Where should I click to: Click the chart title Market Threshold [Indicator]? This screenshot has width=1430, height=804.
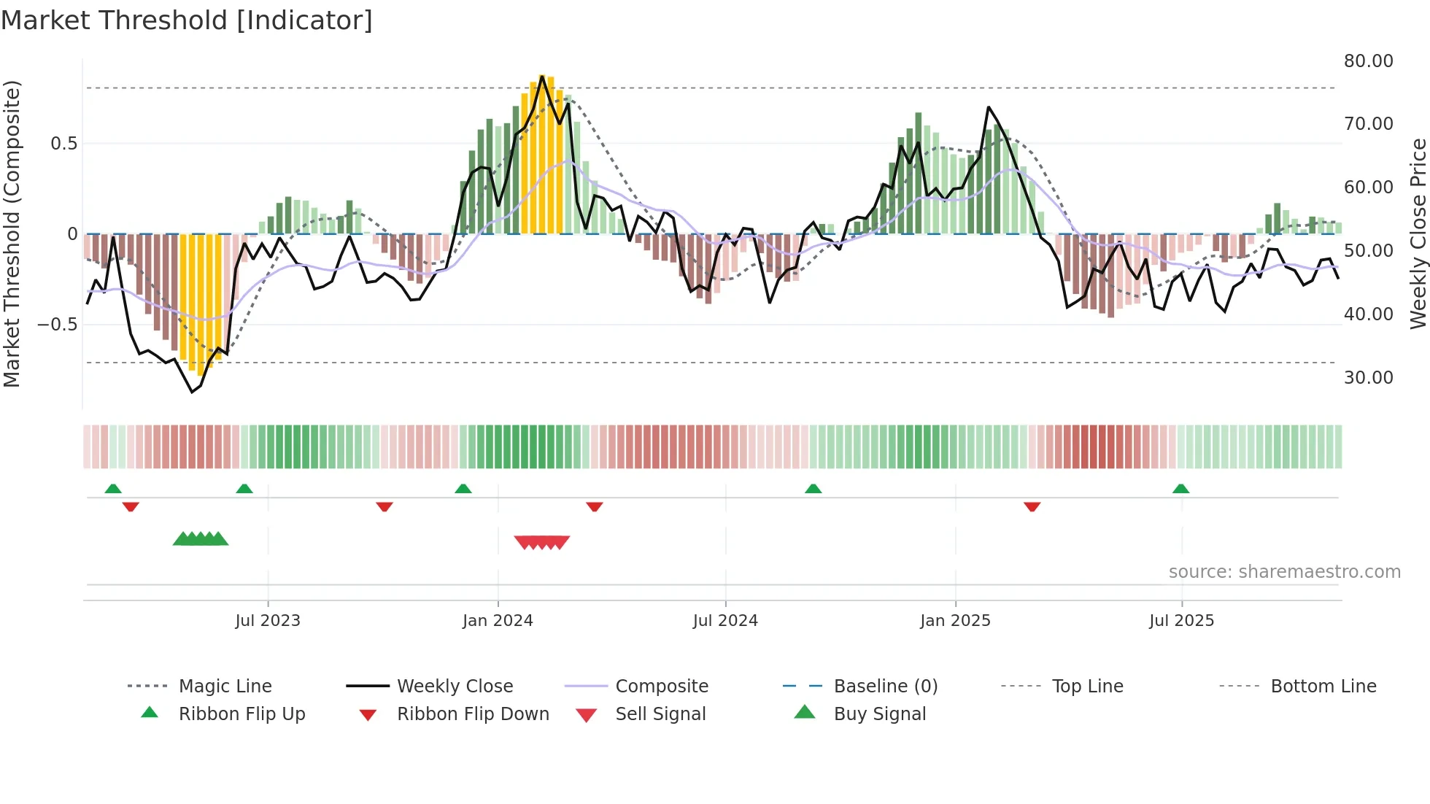point(187,20)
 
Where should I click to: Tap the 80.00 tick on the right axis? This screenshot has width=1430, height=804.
point(1368,61)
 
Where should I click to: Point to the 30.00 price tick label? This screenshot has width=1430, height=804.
point(1368,378)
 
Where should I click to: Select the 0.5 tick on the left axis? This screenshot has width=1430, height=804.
point(64,144)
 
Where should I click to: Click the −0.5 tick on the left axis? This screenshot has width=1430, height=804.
point(58,325)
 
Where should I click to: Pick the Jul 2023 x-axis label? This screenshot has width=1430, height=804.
point(268,621)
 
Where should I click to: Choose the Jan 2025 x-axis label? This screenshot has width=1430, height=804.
point(955,621)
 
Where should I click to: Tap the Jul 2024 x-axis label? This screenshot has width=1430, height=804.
point(725,621)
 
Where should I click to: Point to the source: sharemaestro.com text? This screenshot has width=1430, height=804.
point(1284,572)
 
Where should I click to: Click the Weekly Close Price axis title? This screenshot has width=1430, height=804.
point(1417,233)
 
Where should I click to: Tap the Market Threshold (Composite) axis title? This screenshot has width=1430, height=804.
point(12,233)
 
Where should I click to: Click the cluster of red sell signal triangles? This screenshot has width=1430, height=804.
point(541,542)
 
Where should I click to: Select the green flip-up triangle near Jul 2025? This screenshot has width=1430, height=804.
point(1180,489)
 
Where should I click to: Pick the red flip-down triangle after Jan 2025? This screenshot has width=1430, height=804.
point(1032,506)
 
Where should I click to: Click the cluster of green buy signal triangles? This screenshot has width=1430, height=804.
point(201,539)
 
